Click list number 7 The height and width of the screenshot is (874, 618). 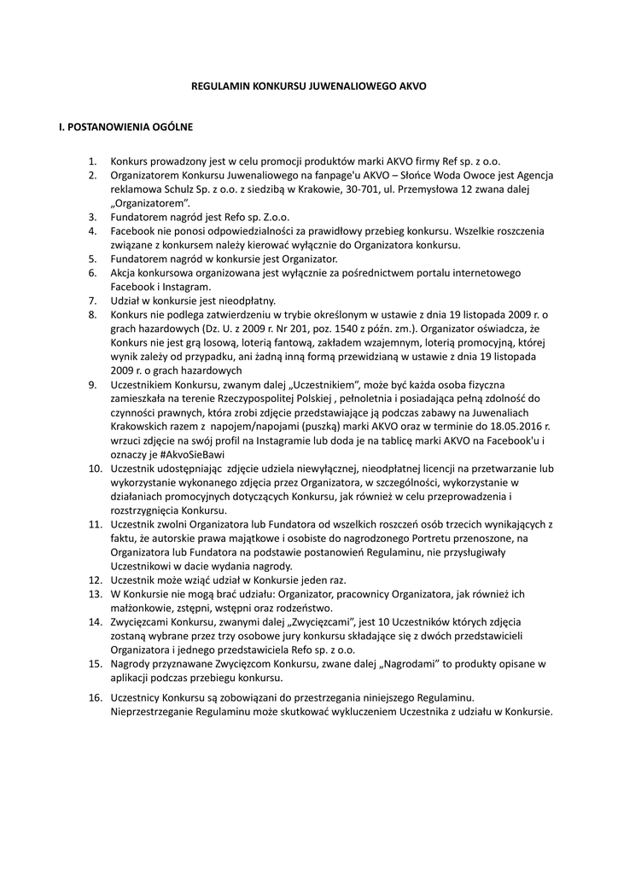[92, 300]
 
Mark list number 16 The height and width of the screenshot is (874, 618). [95, 697]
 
